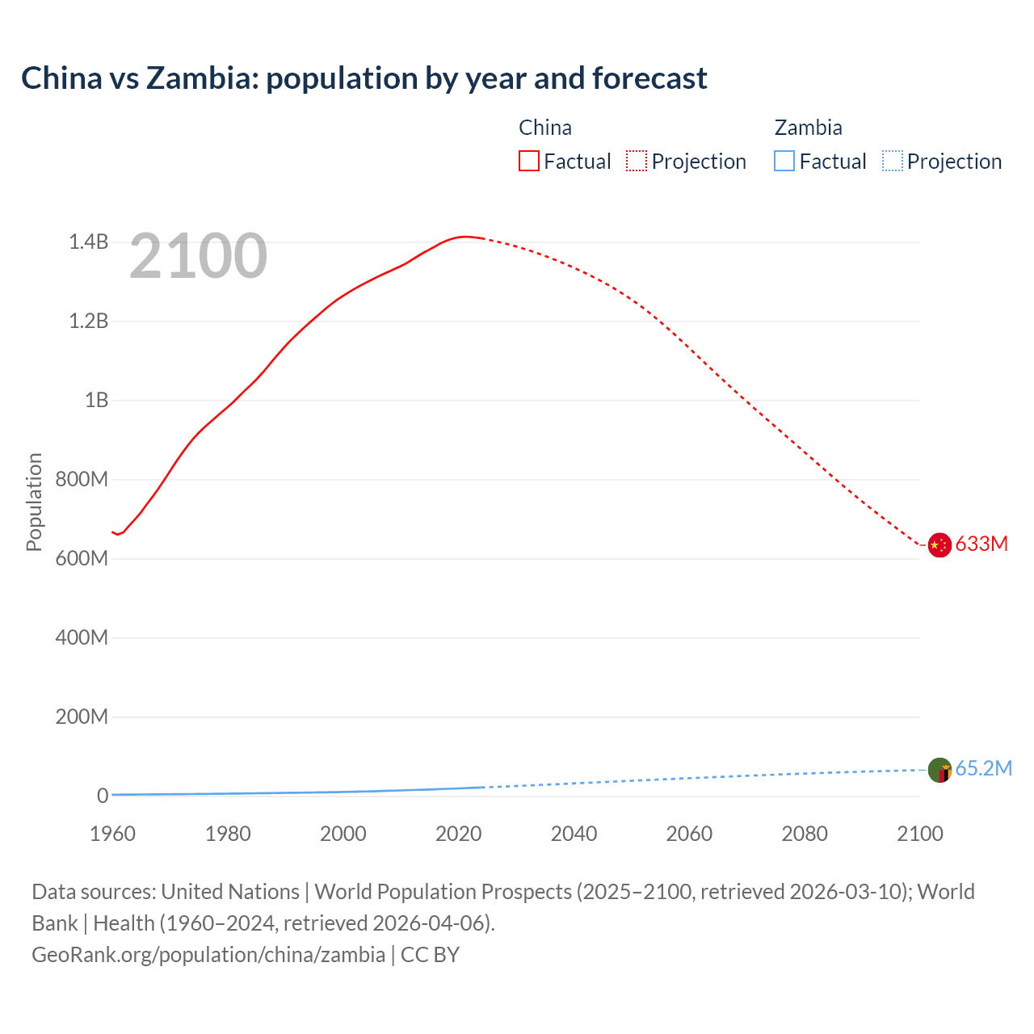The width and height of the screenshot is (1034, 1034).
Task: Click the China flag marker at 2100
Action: coord(939,545)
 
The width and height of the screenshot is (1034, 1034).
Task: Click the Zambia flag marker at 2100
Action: coord(939,770)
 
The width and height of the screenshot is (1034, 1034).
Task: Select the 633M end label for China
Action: coord(981,544)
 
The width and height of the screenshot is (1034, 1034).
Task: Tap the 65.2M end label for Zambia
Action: coord(983,769)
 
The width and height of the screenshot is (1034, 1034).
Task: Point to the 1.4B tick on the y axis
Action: coord(88,242)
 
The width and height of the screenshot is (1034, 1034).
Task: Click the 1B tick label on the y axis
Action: coord(96,401)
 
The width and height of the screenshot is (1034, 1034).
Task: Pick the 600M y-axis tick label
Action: coord(82,559)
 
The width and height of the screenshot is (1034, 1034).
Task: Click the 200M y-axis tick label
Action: coord(82,717)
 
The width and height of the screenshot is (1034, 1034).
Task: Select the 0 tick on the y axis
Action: coord(103,797)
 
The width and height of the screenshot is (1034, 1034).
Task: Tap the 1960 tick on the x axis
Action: coord(113,834)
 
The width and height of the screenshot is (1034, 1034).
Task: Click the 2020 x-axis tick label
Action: coord(459,834)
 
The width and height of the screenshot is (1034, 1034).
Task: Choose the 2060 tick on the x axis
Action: coord(689,834)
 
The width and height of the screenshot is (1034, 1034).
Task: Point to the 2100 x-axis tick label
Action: coord(919,834)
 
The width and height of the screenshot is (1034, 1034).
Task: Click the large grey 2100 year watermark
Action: coord(198,256)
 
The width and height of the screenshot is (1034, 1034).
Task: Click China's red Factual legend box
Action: coord(529,162)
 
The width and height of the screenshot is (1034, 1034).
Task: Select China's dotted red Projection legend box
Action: coord(637,162)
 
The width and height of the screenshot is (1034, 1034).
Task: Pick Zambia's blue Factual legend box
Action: coord(784,162)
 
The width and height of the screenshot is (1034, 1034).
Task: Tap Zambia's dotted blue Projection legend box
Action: coord(893,162)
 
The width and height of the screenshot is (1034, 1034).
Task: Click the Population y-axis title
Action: coord(34,502)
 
